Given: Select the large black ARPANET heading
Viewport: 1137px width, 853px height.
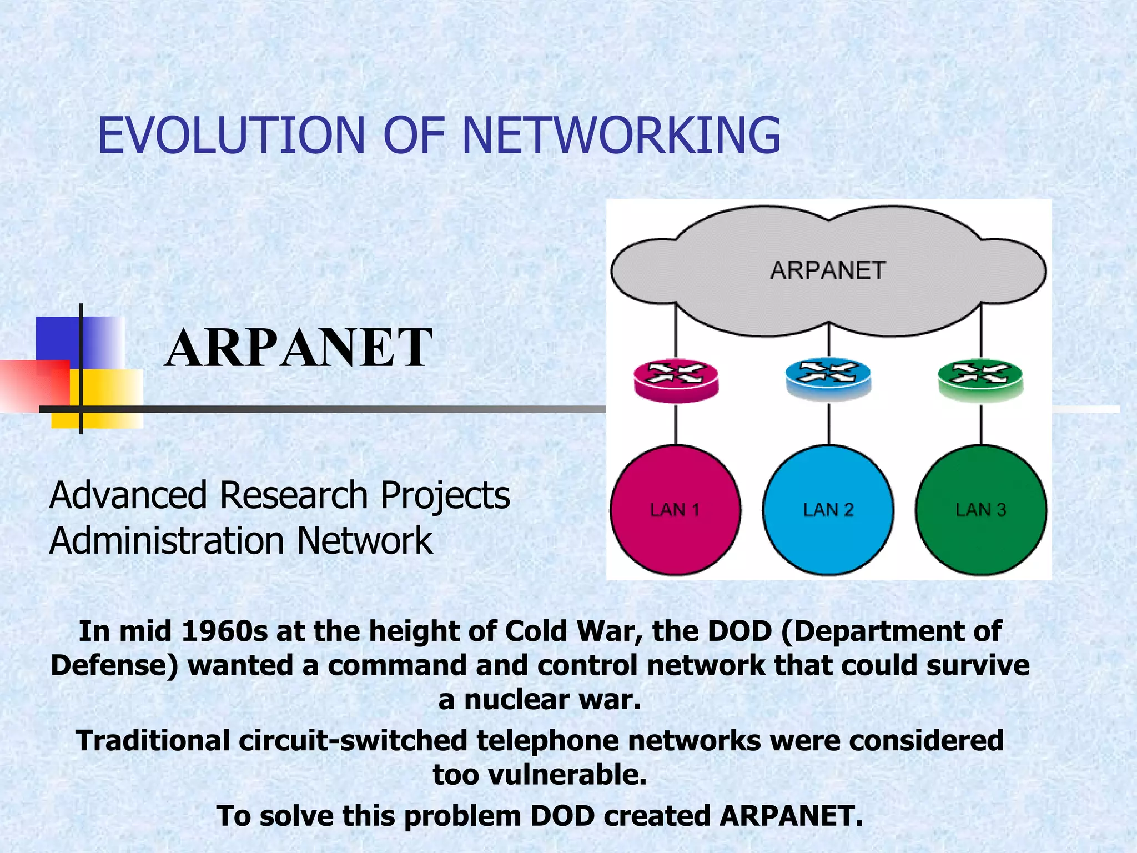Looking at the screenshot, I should point(298,348).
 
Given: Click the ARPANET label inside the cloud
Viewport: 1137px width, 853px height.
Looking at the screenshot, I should point(827,271).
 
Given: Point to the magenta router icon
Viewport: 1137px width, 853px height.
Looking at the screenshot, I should point(676,380).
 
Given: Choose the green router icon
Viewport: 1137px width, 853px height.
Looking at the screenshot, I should point(980,379).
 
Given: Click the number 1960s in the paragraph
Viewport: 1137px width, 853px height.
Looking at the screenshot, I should point(224,631).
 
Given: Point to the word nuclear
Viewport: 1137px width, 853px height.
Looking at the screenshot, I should point(517,699).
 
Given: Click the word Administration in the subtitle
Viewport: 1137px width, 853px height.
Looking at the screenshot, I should point(167,541).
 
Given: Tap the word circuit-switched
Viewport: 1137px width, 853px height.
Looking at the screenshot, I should point(353,741).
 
